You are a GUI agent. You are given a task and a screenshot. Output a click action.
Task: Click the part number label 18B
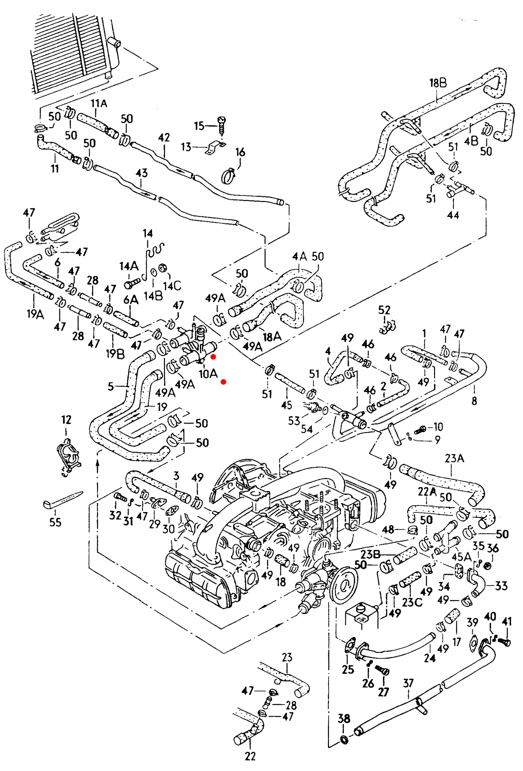pyautogui.click(x=438, y=83)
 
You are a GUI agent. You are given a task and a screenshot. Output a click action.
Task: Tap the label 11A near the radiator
pyautogui.click(x=99, y=104)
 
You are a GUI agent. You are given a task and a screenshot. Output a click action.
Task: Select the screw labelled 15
pyautogui.click(x=222, y=125)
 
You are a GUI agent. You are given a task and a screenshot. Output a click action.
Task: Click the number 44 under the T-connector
pyautogui.click(x=453, y=215)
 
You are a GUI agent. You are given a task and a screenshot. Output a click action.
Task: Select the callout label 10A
pyautogui.click(x=208, y=374)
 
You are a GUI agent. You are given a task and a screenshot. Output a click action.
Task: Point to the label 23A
pyautogui.click(x=454, y=458)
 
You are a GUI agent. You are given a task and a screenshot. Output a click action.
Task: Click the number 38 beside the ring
pyautogui.click(x=344, y=718)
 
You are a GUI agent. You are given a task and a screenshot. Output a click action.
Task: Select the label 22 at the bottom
pyautogui.click(x=250, y=756)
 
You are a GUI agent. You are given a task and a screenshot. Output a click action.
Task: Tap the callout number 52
pyautogui.click(x=384, y=310)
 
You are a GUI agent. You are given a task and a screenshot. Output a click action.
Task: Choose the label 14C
pyautogui.click(x=172, y=286)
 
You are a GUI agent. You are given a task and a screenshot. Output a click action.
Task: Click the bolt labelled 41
pyautogui.click(x=504, y=642)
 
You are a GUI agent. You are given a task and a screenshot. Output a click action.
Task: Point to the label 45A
pyautogui.click(x=461, y=557)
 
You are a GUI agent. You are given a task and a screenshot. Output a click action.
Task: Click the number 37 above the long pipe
pyautogui.click(x=408, y=683)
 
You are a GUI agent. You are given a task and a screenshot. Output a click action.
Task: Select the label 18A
pyautogui.click(x=272, y=337)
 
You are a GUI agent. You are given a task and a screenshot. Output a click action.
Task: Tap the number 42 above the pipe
pyautogui.click(x=164, y=138)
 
